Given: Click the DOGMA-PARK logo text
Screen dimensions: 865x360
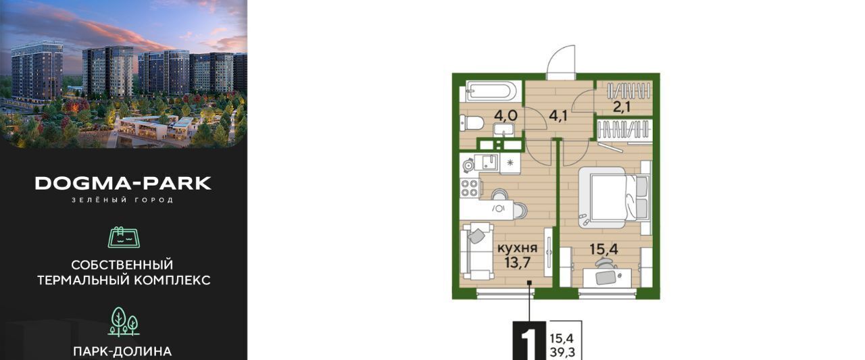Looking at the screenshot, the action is pyautogui.click(x=123, y=183).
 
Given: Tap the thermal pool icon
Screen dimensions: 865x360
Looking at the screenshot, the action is pyautogui.click(x=124, y=236).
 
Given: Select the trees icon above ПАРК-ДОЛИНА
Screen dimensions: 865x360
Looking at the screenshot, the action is pyautogui.click(x=124, y=322).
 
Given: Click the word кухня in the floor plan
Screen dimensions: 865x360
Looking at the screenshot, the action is pyautogui.click(x=517, y=247).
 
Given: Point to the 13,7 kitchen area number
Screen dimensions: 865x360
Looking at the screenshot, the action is pyautogui.click(x=518, y=262).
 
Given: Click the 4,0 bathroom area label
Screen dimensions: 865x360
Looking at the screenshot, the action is pyautogui.click(x=504, y=115).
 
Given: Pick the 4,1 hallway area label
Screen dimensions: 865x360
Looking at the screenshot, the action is pyautogui.click(x=558, y=115).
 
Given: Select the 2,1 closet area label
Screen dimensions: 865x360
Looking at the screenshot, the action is pyautogui.click(x=621, y=107).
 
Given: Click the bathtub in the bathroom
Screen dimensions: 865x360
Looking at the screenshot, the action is pyautogui.click(x=490, y=91).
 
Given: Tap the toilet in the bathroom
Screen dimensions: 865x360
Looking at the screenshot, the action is pyautogui.click(x=472, y=123).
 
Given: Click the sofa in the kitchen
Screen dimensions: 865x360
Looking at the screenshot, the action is pyautogui.click(x=477, y=251).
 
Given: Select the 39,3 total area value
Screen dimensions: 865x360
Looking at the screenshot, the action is pyautogui.click(x=562, y=353).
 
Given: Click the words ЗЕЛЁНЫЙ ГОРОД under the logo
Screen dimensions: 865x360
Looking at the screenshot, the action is pyautogui.click(x=123, y=200).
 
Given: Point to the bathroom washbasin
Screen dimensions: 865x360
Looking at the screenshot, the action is pyautogui.click(x=503, y=129).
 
